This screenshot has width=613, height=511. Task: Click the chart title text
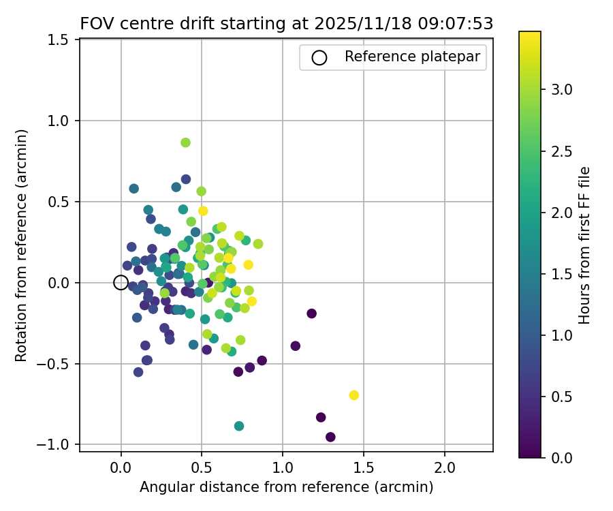(x=286, y=23)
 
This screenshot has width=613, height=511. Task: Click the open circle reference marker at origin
(x=121, y=283)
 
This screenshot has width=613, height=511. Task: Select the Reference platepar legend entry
(x=392, y=57)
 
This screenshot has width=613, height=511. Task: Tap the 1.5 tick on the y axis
(x=60, y=40)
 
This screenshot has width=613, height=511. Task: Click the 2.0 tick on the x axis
(x=445, y=469)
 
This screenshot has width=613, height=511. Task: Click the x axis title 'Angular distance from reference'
(x=286, y=487)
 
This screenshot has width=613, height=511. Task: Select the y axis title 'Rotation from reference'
(x=21, y=245)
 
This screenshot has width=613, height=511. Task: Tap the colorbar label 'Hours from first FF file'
(x=584, y=245)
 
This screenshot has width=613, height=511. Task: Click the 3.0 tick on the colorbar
(x=563, y=89)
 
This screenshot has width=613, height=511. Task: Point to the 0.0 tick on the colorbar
(x=563, y=457)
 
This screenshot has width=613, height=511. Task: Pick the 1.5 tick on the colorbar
(x=563, y=273)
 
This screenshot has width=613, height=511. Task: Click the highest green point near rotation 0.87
(x=185, y=142)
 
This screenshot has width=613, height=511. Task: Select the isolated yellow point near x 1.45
(x=353, y=395)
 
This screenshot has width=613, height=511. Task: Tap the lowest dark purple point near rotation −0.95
(x=330, y=437)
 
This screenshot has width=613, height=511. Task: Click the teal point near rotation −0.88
(x=239, y=426)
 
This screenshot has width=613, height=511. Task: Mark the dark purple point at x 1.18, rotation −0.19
(x=311, y=313)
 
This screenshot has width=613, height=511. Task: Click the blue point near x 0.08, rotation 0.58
(x=133, y=189)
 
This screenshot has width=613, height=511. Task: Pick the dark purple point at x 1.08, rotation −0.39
(x=296, y=346)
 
